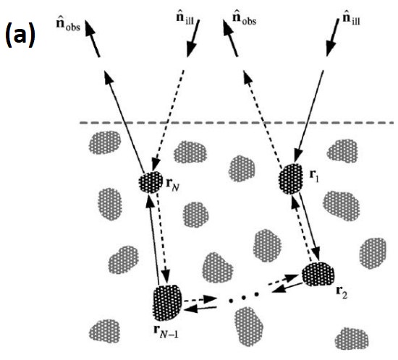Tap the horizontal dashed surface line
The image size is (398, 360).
click(x=239, y=123)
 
